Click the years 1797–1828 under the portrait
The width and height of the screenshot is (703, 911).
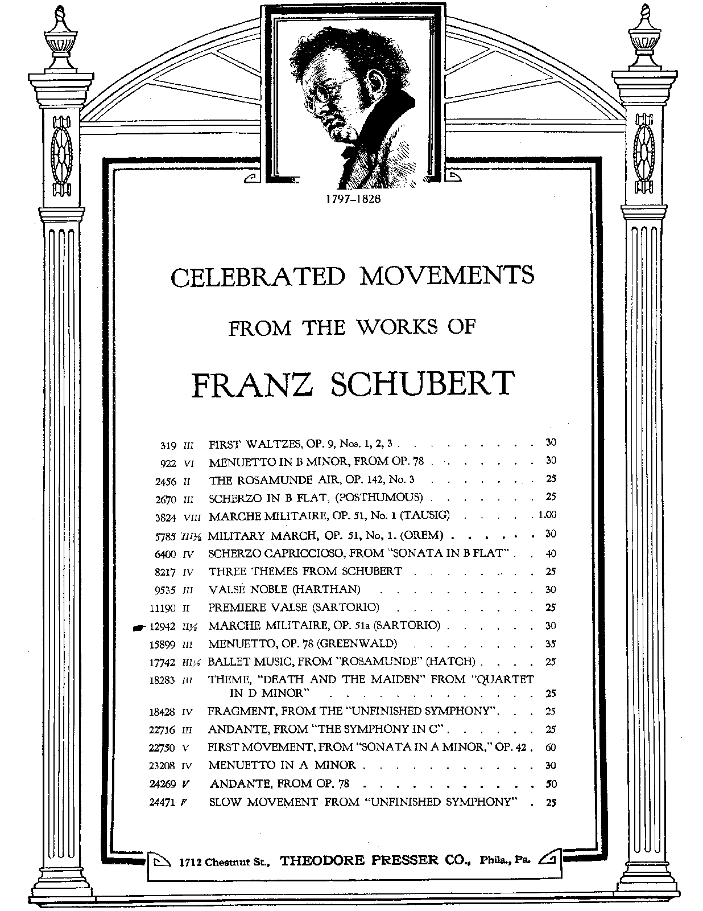351,200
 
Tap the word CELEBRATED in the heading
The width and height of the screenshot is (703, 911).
258,277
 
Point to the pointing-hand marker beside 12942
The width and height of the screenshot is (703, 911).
138,627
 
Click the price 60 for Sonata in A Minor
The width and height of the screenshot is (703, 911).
551,748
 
